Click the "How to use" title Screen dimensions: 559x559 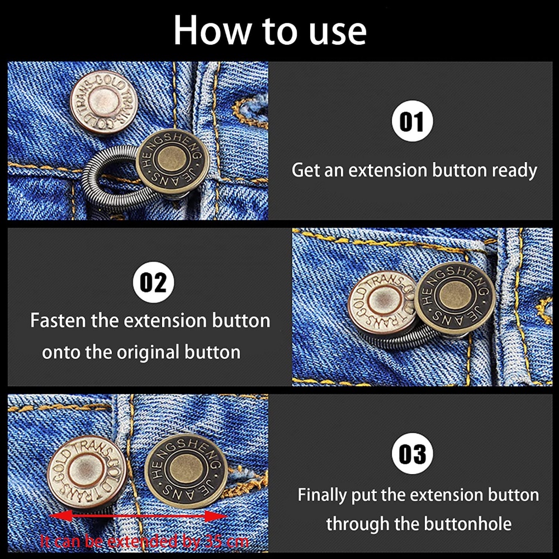pyautogui.click(x=270, y=30)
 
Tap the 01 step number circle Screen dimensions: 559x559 pyautogui.click(x=413, y=121)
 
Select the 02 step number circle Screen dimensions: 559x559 pyautogui.click(x=154, y=282)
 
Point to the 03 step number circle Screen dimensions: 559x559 pyautogui.click(x=413, y=453)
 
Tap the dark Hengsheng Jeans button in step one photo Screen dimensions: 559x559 pyautogui.click(x=172, y=161)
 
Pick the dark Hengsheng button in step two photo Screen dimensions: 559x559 pyautogui.click(x=455, y=297)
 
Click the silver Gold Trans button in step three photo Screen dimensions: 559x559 pyautogui.click(x=87, y=472)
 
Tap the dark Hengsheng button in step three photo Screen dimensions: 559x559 pyautogui.click(x=186, y=471)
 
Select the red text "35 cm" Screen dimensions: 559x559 pyautogui.click(x=227, y=542)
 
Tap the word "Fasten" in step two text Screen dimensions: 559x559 pyautogui.click(x=58, y=320)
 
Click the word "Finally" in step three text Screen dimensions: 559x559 pyautogui.click(x=322, y=495)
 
